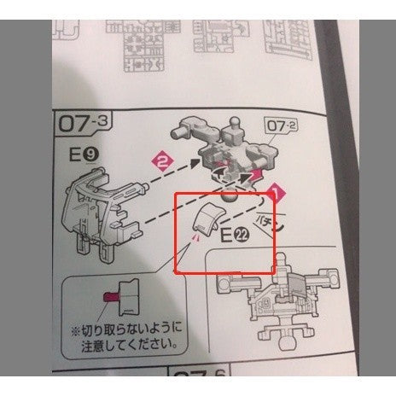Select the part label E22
tap(233, 236)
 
